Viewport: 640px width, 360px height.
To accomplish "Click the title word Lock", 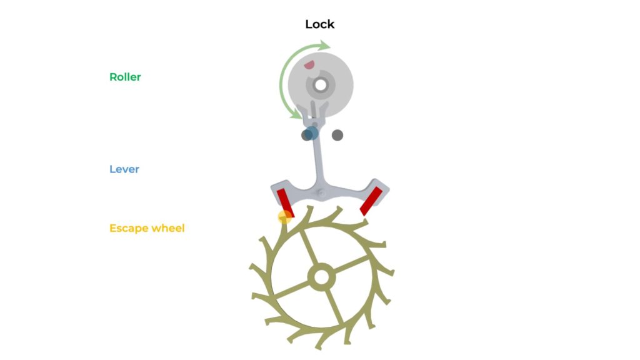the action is pos(319,24).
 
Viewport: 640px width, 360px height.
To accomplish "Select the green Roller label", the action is pos(125,77).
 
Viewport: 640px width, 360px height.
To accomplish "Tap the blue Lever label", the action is pos(124,169).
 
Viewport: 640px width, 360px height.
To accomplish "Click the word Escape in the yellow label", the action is pos(129,228).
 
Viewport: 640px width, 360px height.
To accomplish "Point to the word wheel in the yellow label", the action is pos(167,227).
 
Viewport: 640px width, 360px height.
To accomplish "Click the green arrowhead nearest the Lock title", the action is pos(325,45).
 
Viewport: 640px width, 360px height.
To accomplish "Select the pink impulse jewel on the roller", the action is pos(309,64).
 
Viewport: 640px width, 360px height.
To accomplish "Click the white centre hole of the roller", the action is pos(321,85).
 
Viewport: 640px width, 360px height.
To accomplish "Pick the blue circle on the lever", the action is pos(311,133).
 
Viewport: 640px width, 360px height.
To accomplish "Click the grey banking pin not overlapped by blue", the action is pos(337,135).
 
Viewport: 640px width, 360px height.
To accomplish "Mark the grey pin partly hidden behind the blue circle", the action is pos(306,135).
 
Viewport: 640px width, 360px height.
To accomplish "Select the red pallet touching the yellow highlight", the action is pos(285,203).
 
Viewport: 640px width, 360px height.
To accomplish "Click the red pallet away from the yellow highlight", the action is pos(371,201).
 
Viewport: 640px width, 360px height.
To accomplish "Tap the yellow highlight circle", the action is pos(284,217).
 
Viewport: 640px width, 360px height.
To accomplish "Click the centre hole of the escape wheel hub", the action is pos(322,277).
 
